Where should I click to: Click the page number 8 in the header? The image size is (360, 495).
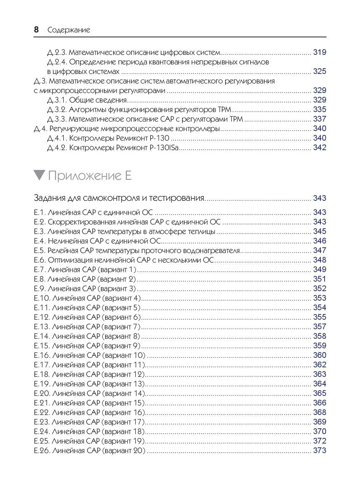[x=36, y=30]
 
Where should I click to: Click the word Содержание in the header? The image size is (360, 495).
[x=69, y=30]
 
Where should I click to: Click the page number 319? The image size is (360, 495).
[x=319, y=52]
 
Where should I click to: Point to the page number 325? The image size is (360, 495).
[x=319, y=71]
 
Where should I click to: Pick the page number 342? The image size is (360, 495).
[x=319, y=147]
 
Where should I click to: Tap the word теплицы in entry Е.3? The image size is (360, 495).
[x=202, y=231]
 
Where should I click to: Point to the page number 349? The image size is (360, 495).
[x=319, y=269]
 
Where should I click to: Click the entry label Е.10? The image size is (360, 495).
[x=41, y=298]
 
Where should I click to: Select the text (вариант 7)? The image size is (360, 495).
[x=121, y=327]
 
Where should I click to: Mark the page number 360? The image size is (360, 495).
[x=319, y=355]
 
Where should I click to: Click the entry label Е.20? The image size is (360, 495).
[x=41, y=393]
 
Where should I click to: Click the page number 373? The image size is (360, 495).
[x=319, y=450]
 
